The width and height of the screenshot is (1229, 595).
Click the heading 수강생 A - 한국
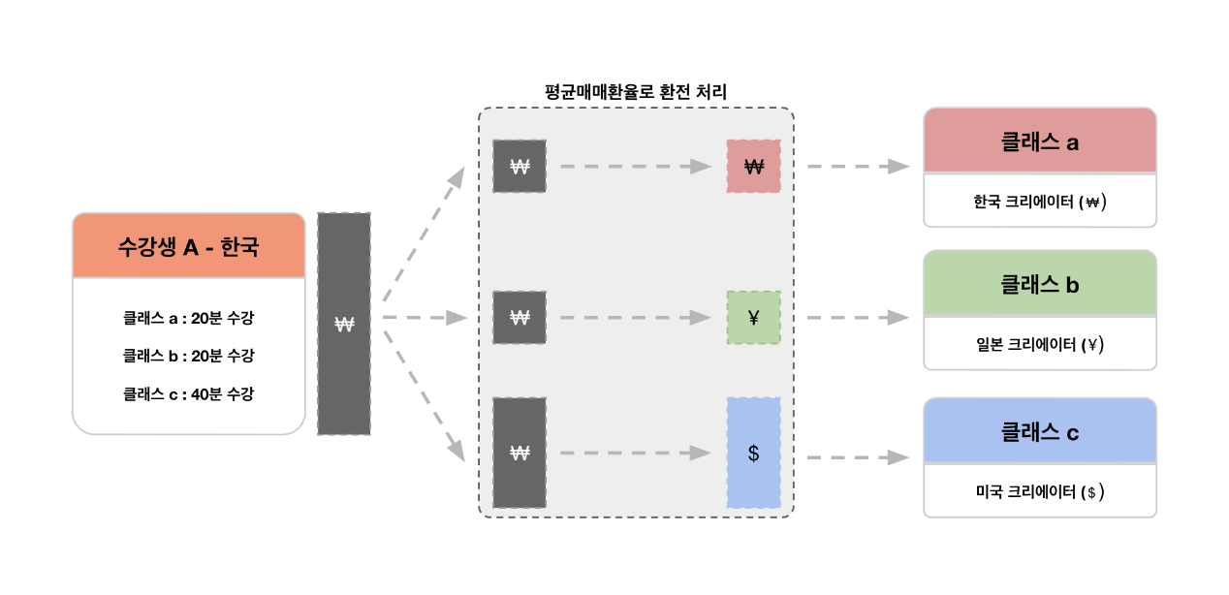coord(188,246)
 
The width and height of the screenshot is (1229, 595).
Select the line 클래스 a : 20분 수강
coord(188,317)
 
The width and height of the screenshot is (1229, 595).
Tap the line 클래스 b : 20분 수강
coord(188,356)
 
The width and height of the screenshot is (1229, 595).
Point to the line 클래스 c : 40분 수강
coord(188,394)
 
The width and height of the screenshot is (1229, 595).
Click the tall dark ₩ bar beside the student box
coord(343,324)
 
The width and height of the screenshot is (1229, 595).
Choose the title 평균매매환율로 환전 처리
coord(636,92)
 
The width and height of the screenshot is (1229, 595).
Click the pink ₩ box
coord(753,166)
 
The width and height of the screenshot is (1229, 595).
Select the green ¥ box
coord(753,317)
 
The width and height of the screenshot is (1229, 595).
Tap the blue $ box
coord(753,453)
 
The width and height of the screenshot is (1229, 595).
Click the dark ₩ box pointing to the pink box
coord(519,166)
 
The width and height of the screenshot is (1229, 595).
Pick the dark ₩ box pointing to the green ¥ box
coord(519,317)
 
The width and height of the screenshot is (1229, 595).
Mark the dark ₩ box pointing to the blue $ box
coord(519,453)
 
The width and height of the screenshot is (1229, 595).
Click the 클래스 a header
coord(1039,141)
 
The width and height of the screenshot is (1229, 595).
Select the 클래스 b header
coord(1039,284)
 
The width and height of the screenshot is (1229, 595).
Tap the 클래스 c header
coord(1039,431)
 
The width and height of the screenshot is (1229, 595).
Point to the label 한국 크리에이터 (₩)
coord(1039,203)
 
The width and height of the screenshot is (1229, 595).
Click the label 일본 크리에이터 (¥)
coord(1039,344)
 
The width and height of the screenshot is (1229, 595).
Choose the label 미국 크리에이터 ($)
coord(1039,491)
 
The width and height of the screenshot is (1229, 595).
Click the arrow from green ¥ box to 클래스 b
coord(857,317)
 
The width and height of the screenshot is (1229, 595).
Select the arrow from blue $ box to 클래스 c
coord(857,457)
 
